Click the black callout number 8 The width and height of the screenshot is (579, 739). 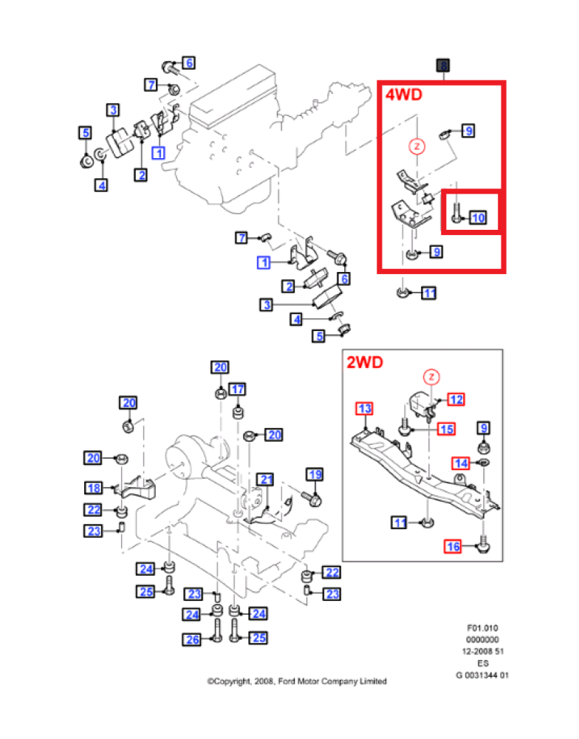coord(443,66)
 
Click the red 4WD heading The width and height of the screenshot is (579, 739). coord(403,95)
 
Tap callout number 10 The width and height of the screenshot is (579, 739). coord(478,217)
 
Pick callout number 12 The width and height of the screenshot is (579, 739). coord(456,399)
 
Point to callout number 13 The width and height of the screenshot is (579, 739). coord(365,409)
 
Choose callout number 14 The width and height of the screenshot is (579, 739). coord(461,463)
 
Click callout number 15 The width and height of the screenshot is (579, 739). coord(446,429)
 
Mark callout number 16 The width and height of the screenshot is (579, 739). coord(452,547)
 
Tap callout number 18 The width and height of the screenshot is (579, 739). coord(94,488)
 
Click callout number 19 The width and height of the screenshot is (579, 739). coord(315,474)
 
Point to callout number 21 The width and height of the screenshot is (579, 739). coord(265,480)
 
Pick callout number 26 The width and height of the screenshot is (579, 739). coord(192,639)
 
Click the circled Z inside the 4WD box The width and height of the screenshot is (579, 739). coord(417,146)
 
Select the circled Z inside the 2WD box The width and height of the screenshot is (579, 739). coord(432,378)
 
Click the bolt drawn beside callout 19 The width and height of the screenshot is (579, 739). coord(312,500)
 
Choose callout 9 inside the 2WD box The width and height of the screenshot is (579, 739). coord(484,428)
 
